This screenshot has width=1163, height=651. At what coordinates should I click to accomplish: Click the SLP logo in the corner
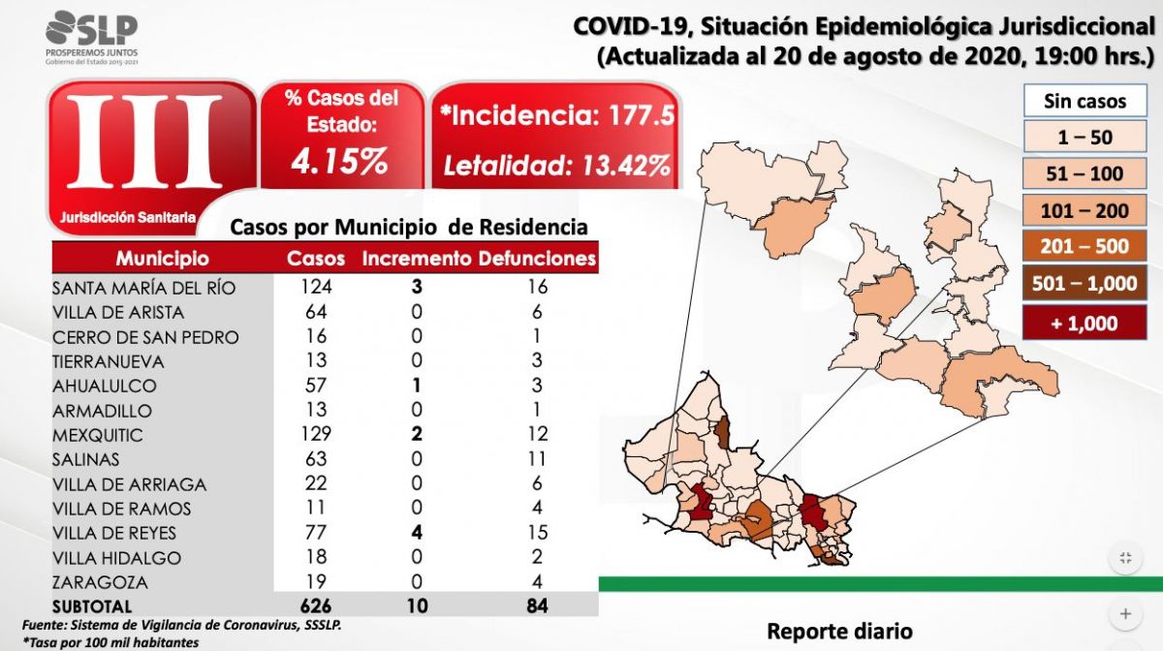(91, 37)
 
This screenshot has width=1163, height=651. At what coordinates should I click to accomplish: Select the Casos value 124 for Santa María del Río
(315, 288)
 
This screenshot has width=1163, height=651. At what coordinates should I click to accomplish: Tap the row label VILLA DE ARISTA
(118, 312)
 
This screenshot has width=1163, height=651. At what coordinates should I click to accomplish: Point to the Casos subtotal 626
(315, 606)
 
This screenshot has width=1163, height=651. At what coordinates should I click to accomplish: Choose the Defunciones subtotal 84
(537, 606)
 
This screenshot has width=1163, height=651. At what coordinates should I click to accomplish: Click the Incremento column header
(417, 259)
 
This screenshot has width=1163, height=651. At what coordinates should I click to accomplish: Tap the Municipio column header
(162, 259)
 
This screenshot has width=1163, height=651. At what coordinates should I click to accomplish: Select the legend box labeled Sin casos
(1084, 101)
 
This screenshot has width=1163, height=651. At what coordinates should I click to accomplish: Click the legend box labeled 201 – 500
(1084, 246)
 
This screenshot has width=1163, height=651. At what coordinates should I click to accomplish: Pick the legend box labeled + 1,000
(1084, 324)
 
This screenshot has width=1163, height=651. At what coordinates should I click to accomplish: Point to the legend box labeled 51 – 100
(1084, 174)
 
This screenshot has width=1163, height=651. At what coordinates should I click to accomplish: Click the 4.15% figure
(340, 161)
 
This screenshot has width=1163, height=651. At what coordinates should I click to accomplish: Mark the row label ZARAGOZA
(101, 582)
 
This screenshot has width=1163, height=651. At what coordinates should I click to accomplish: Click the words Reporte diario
(839, 631)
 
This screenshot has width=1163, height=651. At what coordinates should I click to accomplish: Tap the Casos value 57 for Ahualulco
(315, 386)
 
